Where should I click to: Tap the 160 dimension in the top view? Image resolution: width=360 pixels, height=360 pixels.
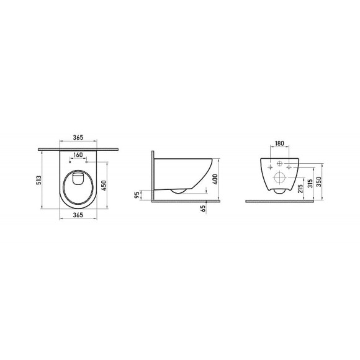pos(78,155)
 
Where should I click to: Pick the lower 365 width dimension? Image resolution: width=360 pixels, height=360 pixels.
pos(78,215)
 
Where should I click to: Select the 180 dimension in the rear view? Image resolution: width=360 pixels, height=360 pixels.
pos(279,144)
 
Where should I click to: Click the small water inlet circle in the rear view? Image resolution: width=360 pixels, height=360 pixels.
pos(279,164)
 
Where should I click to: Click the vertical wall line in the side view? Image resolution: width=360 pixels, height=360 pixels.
pos(153,177)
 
